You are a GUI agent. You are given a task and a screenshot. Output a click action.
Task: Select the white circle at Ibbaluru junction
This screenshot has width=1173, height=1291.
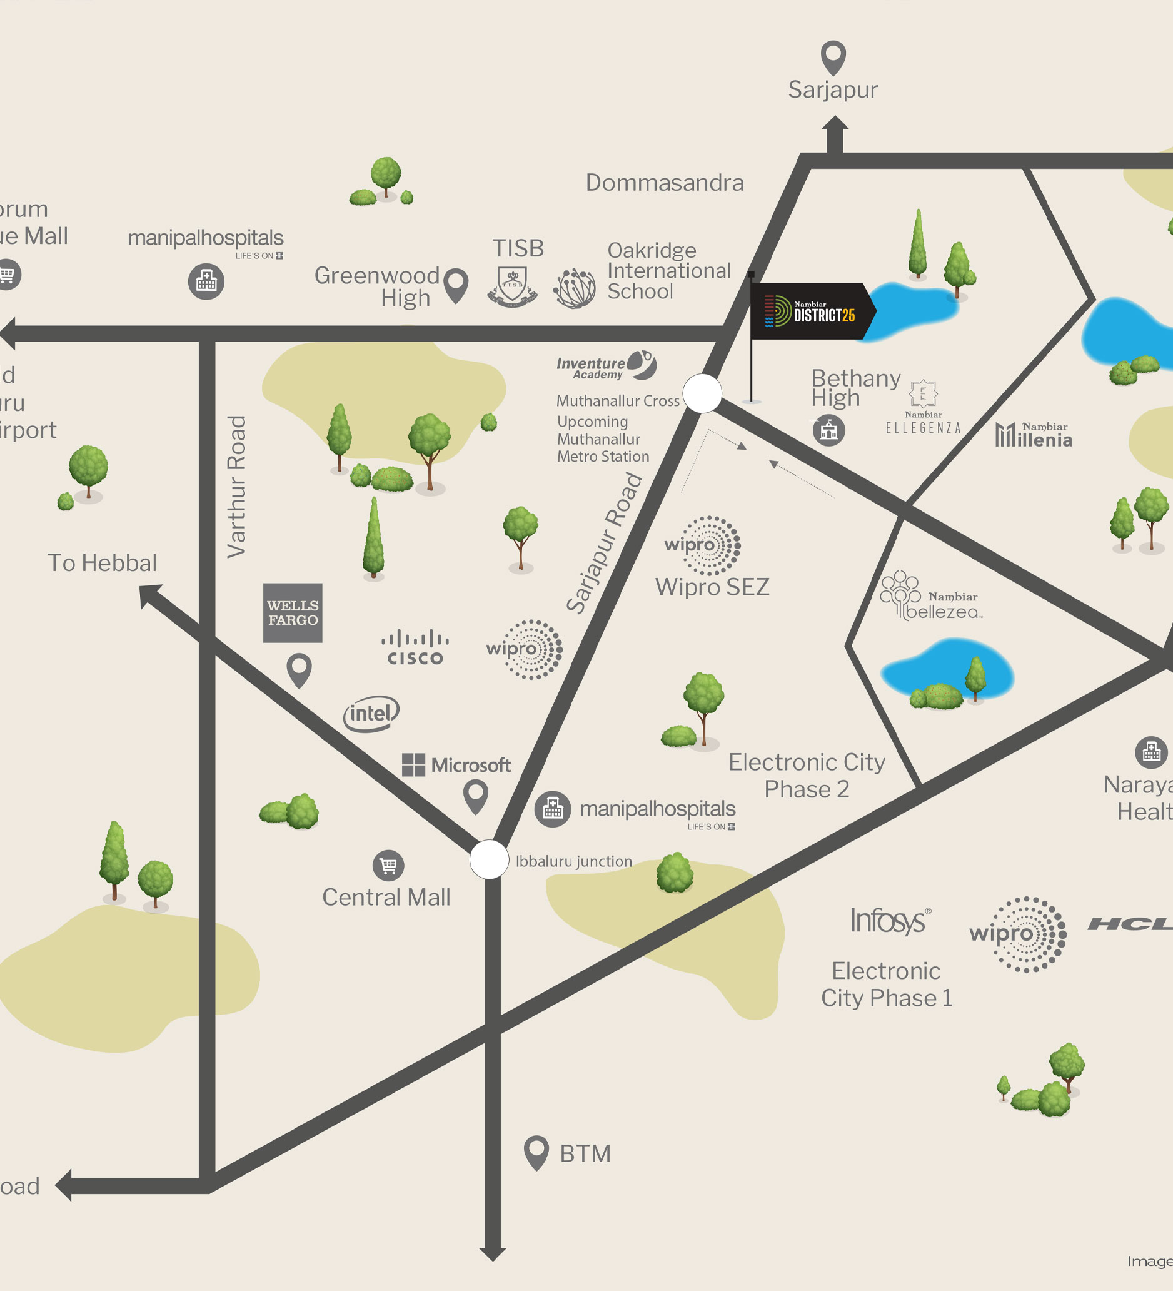pyautogui.click(x=489, y=859)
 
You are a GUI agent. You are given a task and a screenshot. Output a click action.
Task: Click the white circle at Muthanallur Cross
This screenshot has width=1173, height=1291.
pyautogui.click(x=702, y=393)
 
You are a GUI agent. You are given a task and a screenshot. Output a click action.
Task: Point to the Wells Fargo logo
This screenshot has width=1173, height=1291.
pyautogui.click(x=293, y=613)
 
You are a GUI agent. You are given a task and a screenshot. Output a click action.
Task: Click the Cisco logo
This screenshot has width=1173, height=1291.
pyautogui.click(x=415, y=648)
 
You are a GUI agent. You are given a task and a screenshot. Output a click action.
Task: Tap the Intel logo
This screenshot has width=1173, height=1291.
pyautogui.click(x=371, y=714)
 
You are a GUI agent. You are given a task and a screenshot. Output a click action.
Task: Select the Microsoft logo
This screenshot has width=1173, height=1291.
pyautogui.click(x=456, y=764)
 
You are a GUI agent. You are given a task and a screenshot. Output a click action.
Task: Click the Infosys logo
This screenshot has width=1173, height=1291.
pyautogui.click(x=889, y=921)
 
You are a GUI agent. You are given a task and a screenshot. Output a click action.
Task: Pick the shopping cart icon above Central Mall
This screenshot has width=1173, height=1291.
pyautogui.click(x=389, y=866)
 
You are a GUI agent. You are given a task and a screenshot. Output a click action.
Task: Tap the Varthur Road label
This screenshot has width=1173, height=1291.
pyautogui.click(x=236, y=487)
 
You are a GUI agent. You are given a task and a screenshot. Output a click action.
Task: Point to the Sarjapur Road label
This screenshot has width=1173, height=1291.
pyautogui.click(x=604, y=543)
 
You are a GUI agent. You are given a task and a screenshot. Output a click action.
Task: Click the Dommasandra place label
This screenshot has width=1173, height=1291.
pyautogui.click(x=665, y=183)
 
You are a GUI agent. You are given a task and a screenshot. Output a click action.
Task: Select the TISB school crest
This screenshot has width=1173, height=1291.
pyautogui.click(x=512, y=286)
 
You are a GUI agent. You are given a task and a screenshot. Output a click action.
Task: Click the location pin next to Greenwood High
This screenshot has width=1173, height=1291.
pyautogui.click(x=456, y=285)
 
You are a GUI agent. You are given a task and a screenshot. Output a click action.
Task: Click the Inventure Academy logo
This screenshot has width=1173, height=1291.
pyautogui.click(x=606, y=366)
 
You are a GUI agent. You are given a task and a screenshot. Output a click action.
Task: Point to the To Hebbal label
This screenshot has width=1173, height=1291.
pyautogui.click(x=103, y=563)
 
